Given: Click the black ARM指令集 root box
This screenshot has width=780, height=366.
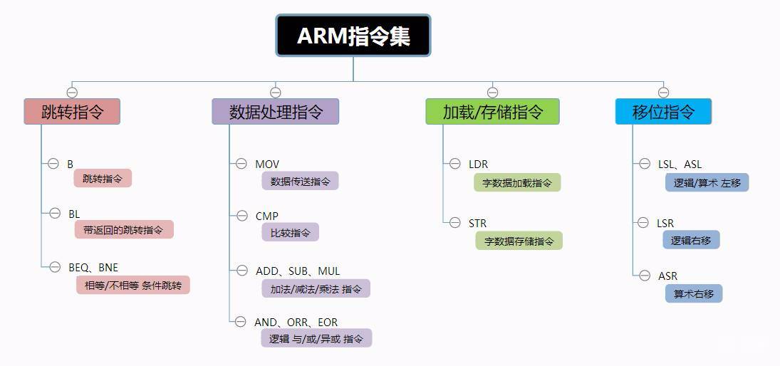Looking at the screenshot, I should [353, 36].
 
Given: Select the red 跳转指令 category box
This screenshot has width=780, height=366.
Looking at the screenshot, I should [72, 112].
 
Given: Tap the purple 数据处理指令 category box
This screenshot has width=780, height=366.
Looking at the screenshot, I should [276, 112].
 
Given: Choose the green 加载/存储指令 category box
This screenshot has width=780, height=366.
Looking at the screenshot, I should [492, 112].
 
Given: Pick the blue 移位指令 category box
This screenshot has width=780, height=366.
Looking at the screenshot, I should [663, 112].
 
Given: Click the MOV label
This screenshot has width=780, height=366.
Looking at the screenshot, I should [267, 164].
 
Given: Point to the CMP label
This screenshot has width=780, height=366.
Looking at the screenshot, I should [267, 216].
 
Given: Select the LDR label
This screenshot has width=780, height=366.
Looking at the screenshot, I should [478, 164].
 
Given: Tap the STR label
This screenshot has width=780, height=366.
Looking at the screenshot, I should [477, 224].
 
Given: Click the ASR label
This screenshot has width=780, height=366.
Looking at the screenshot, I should [667, 276].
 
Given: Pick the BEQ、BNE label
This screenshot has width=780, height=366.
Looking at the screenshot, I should [93, 268].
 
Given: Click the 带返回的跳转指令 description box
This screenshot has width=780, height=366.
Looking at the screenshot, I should [124, 230].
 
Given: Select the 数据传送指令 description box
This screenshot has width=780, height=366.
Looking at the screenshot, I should [300, 182].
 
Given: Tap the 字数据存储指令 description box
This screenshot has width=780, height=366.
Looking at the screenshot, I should [519, 241].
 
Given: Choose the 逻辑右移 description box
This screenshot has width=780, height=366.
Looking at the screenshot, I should [691, 241].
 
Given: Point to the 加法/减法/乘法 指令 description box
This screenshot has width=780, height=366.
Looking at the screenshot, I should [316, 289].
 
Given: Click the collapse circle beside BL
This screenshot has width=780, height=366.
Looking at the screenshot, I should [55, 213].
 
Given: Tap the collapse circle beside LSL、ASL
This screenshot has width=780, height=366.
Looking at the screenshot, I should [645, 164].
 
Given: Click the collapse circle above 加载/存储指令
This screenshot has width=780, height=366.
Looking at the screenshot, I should [492, 93].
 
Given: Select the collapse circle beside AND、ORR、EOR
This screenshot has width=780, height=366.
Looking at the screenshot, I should [241, 322].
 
